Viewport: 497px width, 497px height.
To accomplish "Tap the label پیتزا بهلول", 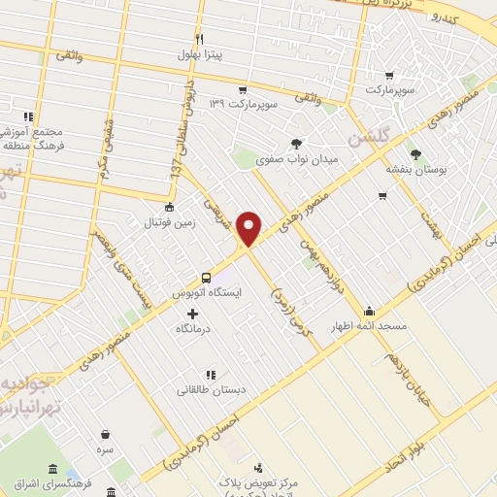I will tap(200, 54).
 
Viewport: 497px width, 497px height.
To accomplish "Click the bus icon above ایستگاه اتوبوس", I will tap(206, 277).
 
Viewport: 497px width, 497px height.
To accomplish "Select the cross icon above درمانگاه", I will tap(192, 314).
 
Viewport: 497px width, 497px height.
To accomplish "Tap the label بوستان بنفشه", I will tap(415, 169).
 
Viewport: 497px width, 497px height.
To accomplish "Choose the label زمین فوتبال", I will tap(171, 221).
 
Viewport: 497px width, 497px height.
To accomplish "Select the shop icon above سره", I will tap(105, 434).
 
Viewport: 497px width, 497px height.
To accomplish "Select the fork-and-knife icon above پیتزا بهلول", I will tap(200, 39).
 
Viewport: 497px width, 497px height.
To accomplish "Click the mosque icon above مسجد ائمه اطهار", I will tap(369, 312).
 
